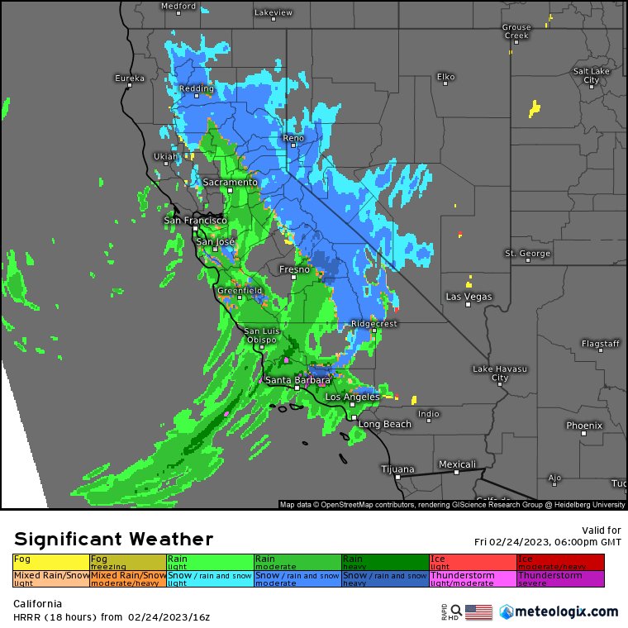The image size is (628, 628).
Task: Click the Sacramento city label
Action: (x=231, y=182)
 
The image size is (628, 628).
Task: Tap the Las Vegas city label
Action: (x=469, y=297)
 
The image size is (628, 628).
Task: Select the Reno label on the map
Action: (x=293, y=138)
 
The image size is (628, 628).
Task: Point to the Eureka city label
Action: (x=129, y=78)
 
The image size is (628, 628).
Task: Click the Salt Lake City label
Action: (x=591, y=76)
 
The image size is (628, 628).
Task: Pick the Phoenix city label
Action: (x=584, y=426)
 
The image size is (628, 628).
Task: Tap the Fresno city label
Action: (x=294, y=269)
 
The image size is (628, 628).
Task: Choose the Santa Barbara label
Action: (x=297, y=380)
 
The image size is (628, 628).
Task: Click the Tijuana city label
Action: (x=397, y=469)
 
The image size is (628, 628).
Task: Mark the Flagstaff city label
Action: (x=600, y=343)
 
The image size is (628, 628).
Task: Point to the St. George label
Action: (x=527, y=253)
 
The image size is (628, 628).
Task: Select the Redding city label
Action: (x=196, y=88)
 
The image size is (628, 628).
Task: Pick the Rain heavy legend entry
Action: (x=384, y=562)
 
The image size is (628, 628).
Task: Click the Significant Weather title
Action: (x=113, y=540)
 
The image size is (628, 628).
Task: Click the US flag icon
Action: (x=478, y=612)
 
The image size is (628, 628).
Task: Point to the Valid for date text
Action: (x=548, y=542)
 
